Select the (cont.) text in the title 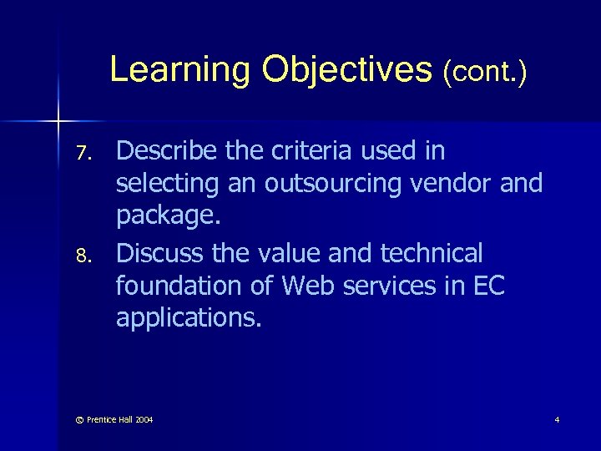point(484,71)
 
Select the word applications point(188,318)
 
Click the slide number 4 point(557,419)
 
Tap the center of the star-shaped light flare point(58,123)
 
